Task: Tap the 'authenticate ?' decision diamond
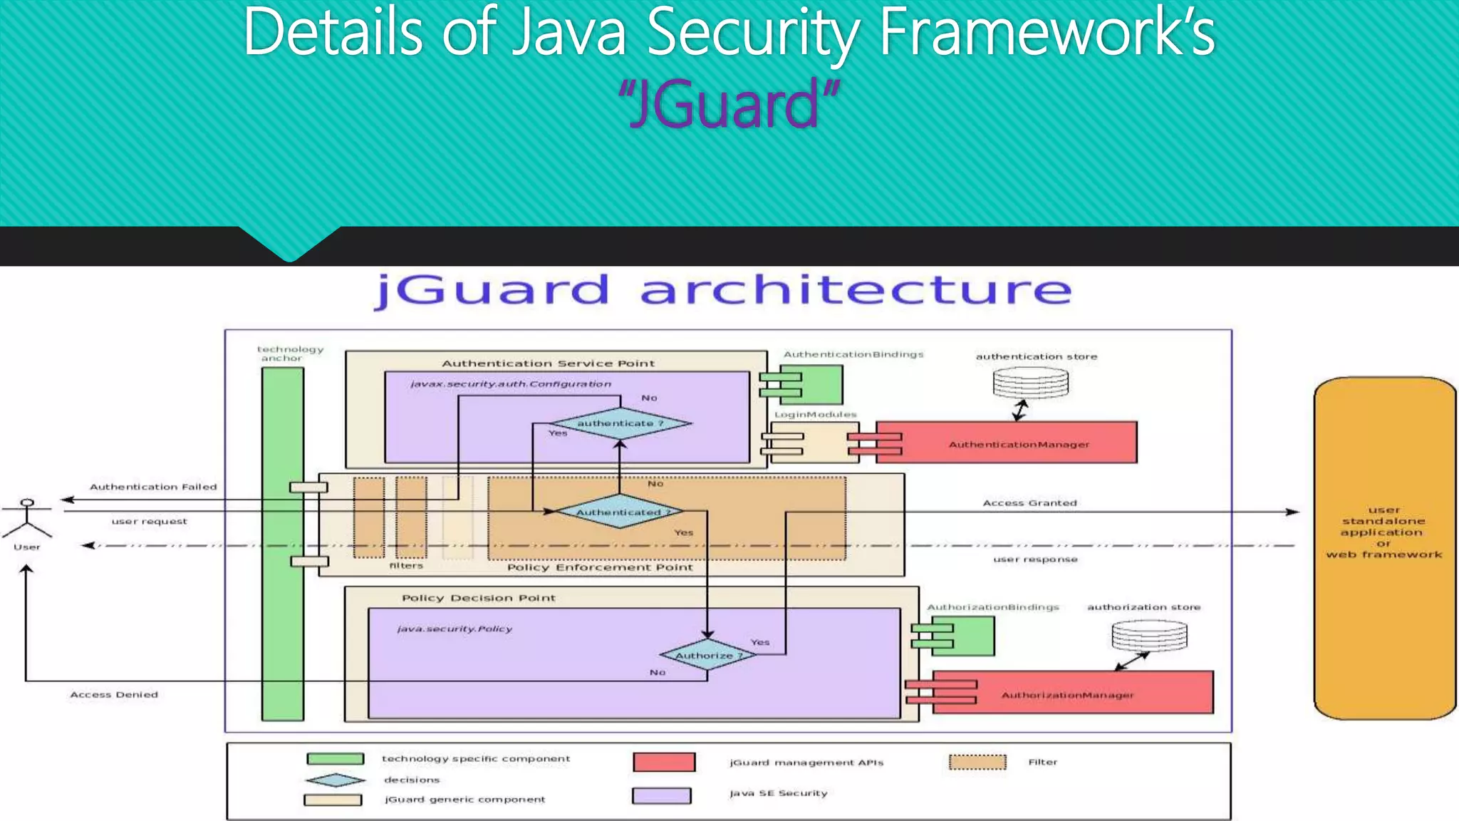pos(620,423)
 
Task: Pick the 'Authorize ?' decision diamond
pos(707,655)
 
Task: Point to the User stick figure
pos(27,519)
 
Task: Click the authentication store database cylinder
pos(1030,383)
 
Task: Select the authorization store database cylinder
pos(1149,635)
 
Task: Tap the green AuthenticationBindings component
pos(811,385)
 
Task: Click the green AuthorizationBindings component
pos(962,636)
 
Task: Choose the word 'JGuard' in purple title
pos(728,105)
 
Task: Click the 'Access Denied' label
pos(114,694)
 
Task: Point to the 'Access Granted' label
pos(1029,502)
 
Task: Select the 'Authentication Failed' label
pos(153,487)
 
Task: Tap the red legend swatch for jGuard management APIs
pos(664,762)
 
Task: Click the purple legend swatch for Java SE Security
pos(661,795)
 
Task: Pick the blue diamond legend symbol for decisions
pos(335,780)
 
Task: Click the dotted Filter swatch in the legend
pos(977,762)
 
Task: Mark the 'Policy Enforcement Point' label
pos(599,567)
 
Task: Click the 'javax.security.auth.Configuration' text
pos(510,383)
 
